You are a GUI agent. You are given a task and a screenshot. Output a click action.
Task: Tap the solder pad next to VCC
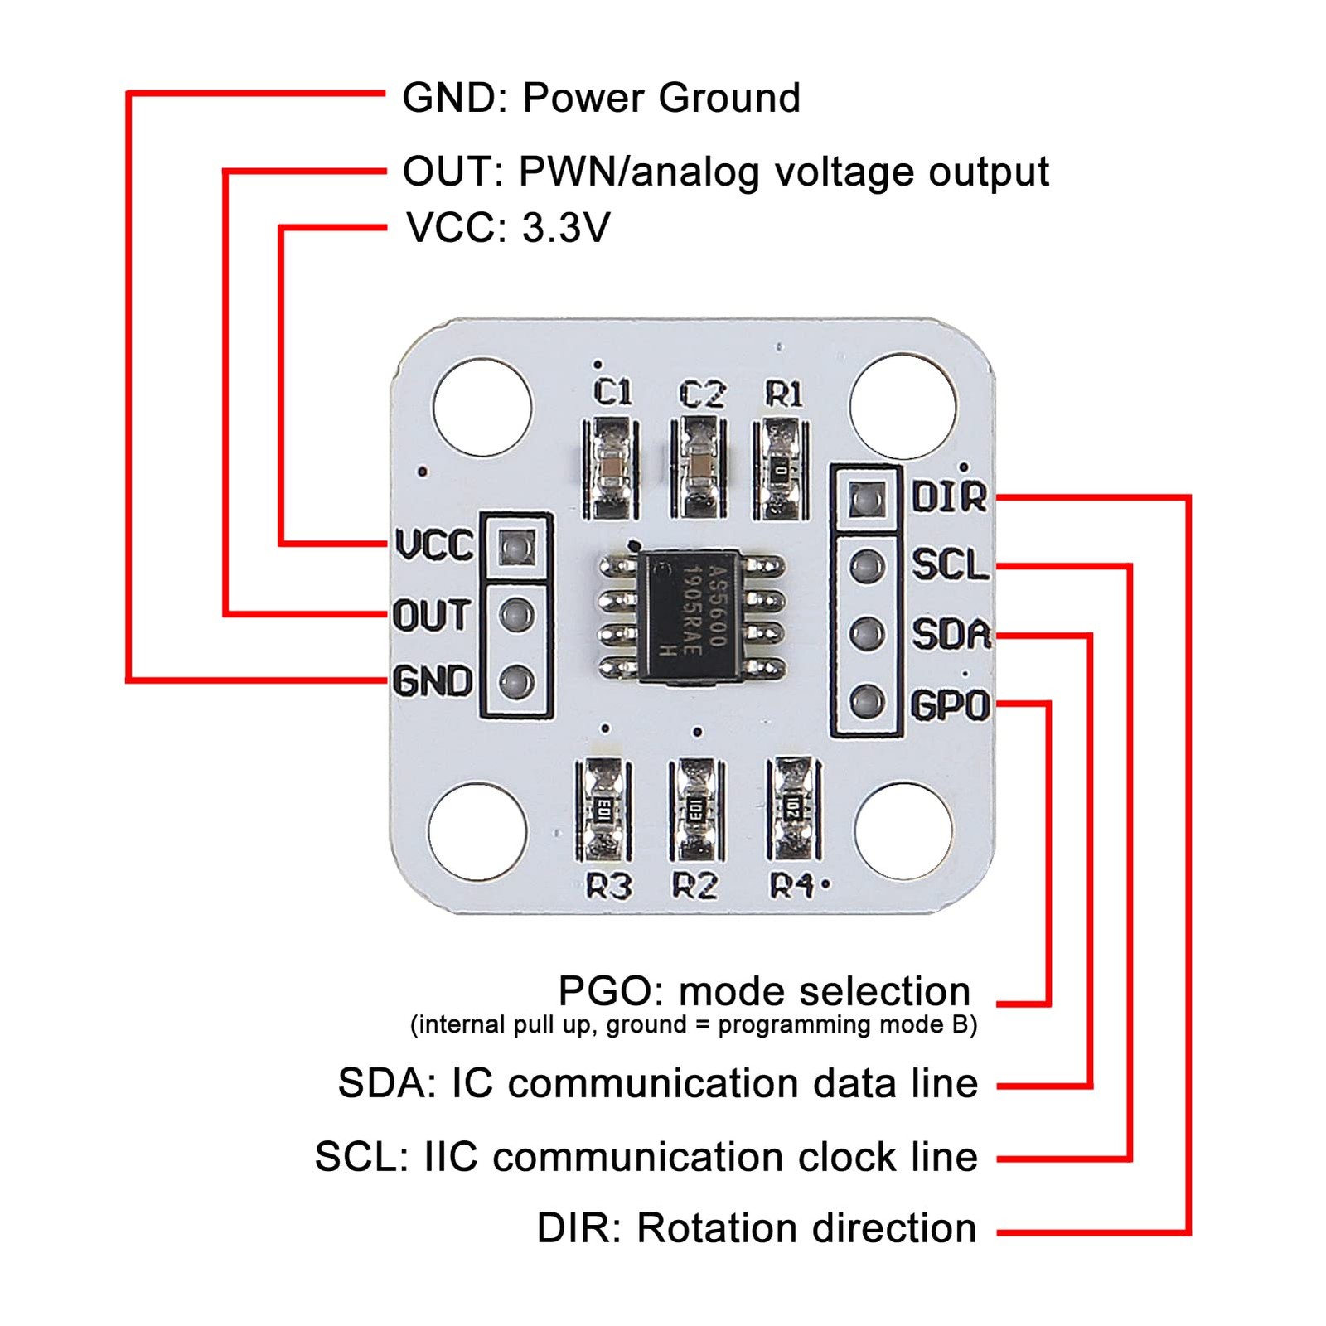click(515, 547)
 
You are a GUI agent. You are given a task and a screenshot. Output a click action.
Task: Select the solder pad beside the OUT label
click(515, 616)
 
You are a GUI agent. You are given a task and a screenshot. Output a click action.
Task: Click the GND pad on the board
click(515, 683)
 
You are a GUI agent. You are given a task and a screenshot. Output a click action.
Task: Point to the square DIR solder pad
click(866, 499)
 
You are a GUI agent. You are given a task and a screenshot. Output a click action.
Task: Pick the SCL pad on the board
click(866, 567)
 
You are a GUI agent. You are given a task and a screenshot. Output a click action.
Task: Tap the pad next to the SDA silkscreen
click(866, 634)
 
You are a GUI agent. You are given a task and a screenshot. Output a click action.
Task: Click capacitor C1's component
click(612, 468)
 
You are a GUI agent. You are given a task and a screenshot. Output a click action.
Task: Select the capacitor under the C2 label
click(699, 468)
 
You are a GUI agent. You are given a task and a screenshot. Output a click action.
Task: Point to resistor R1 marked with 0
click(780, 468)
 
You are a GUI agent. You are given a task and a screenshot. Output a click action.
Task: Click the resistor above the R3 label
click(603, 810)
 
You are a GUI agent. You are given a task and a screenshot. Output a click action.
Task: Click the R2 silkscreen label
click(694, 887)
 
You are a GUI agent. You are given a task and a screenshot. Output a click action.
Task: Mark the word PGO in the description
click(607, 991)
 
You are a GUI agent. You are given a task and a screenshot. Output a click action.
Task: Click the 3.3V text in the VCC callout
click(567, 228)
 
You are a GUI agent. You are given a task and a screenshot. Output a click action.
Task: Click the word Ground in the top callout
click(729, 98)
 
